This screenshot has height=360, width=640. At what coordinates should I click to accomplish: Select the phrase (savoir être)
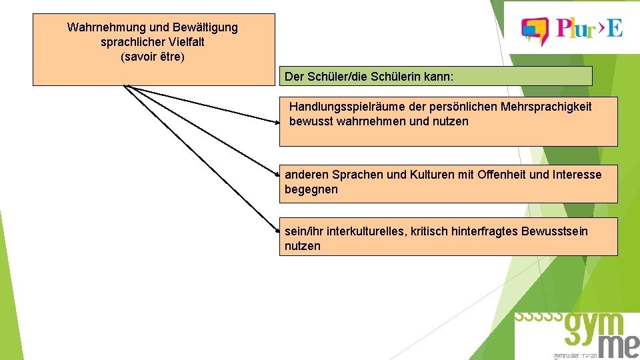(x=153, y=57)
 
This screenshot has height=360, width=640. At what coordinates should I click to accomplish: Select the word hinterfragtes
(x=473, y=231)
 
